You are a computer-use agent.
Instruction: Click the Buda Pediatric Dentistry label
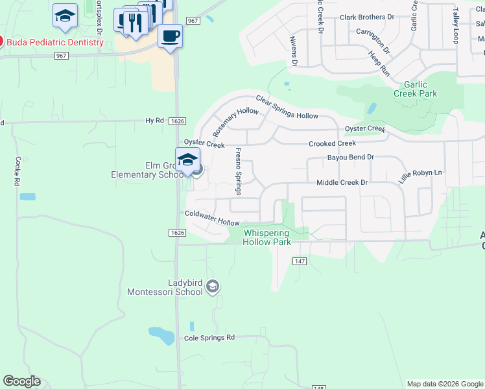(x=55, y=43)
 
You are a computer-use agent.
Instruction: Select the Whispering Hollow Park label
(x=266, y=237)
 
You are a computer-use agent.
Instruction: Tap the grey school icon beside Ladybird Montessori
(x=213, y=287)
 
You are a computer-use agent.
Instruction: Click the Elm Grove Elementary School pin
(x=187, y=159)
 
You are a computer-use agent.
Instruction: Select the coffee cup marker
(x=170, y=36)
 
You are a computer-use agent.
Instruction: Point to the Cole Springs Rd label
(x=209, y=338)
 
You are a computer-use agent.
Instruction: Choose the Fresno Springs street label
(x=238, y=171)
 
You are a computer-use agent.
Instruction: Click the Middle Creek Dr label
(x=342, y=183)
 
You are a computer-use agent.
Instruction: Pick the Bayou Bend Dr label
(x=351, y=158)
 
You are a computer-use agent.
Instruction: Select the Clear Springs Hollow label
(x=287, y=108)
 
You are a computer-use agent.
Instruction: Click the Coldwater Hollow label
(x=212, y=217)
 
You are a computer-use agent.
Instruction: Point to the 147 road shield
(x=298, y=261)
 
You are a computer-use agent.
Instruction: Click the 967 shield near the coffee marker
(x=192, y=21)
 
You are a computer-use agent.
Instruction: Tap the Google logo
(x=21, y=381)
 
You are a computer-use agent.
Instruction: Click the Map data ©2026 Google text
(x=444, y=384)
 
